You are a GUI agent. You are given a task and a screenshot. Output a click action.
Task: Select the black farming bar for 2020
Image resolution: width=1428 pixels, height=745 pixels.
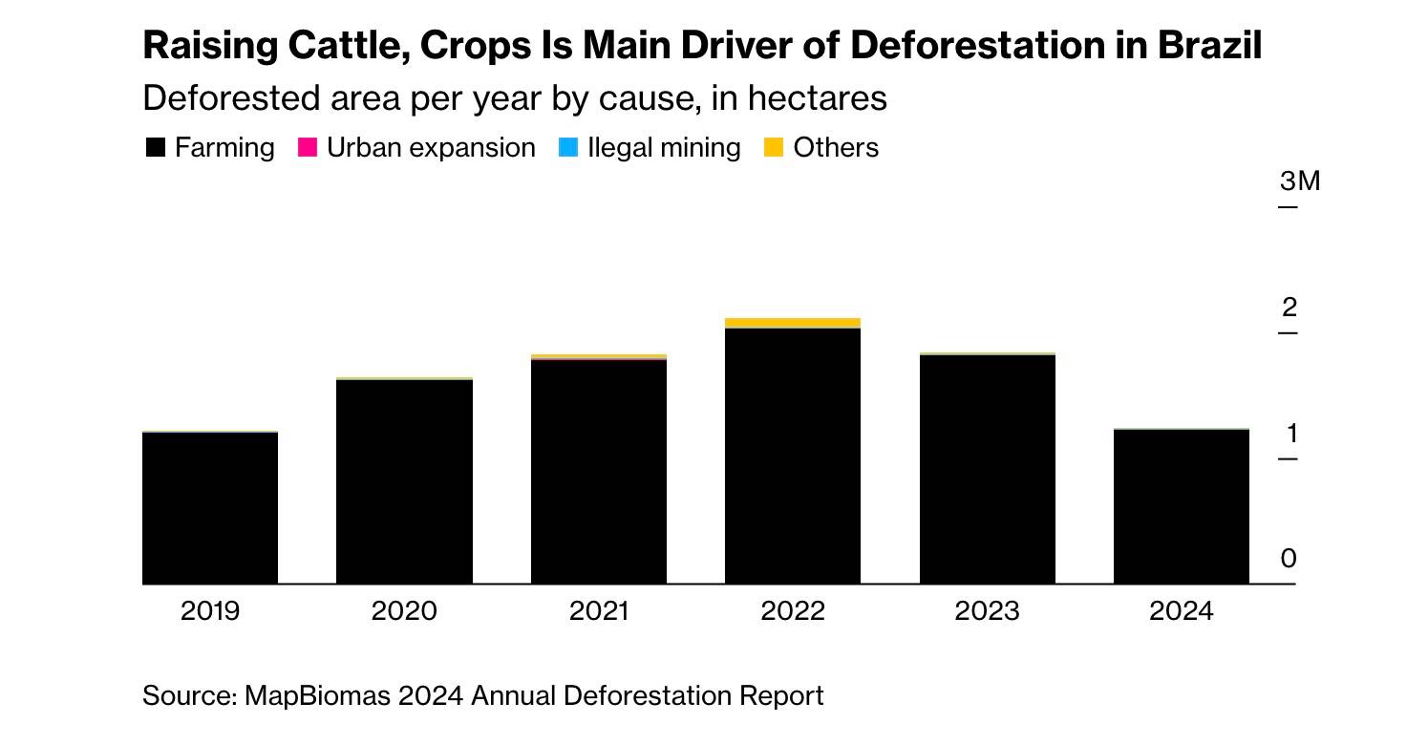[404, 481]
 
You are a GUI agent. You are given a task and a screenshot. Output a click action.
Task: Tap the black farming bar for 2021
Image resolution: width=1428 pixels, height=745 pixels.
[598, 472]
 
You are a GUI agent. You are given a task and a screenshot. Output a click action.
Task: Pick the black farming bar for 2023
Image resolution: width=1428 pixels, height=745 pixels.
[987, 469]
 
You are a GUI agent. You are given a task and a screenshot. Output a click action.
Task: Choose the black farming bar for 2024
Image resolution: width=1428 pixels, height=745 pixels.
[1181, 506]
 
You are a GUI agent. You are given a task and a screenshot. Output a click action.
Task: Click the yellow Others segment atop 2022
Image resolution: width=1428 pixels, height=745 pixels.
[793, 323]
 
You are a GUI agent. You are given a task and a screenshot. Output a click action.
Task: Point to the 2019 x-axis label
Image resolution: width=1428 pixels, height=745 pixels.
[210, 611]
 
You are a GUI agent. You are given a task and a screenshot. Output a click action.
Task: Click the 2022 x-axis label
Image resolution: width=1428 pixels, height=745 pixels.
[793, 611]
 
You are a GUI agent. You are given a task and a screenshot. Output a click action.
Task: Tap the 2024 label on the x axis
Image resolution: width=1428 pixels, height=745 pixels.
[1181, 611]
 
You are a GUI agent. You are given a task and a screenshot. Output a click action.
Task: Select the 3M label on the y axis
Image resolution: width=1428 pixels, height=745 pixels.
[1299, 181]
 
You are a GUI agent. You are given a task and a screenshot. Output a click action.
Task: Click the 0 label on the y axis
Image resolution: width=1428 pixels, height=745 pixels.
[1289, 559]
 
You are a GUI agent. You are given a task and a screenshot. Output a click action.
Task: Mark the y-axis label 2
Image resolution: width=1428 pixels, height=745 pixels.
[1289, 308]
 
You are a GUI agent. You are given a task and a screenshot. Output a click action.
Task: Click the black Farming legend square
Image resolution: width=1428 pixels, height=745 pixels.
[156, 148]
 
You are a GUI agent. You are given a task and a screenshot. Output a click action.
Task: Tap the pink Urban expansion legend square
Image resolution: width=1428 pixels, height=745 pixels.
[308, 148]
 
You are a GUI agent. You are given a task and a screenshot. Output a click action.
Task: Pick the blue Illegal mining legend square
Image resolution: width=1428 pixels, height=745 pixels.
[567, 148]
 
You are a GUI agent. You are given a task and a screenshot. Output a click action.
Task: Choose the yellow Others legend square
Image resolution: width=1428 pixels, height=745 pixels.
[774, 148]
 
